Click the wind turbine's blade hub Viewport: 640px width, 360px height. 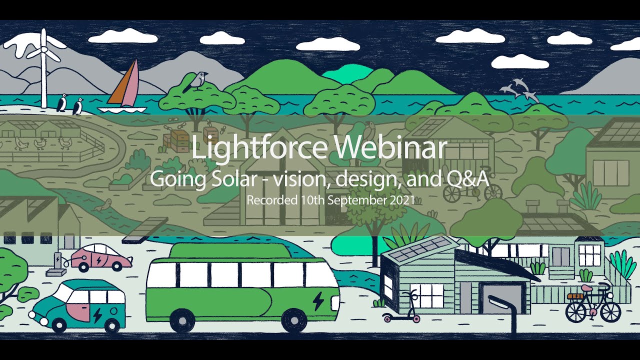[x=43, y=49]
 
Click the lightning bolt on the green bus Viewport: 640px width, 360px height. [x=318, y=300]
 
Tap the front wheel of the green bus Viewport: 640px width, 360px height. [x=293, y=320]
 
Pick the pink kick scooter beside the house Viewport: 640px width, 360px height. [x=402, y=310]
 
